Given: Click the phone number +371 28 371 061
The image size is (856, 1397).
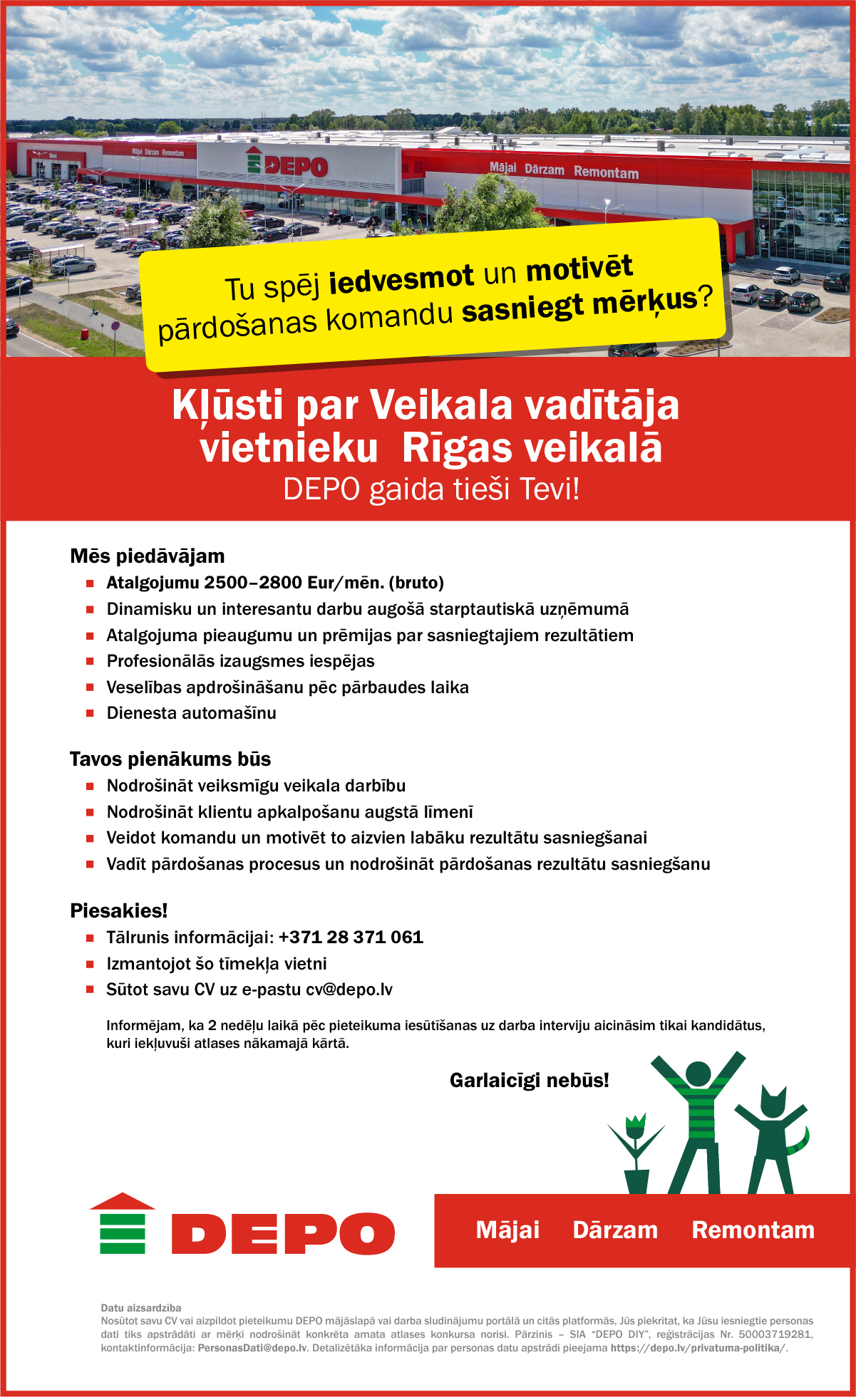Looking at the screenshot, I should [x=351, y=938].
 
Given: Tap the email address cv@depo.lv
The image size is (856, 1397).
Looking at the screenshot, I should [x=349, y=990].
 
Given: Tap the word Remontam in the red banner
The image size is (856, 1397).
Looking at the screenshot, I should [x=753, y=1230].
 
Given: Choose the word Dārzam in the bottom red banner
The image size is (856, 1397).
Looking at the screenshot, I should [x=615, y=1230].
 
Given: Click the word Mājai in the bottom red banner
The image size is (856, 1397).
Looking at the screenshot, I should [x=507, y=1230].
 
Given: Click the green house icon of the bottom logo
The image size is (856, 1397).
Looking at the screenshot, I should [x=123, y=1224].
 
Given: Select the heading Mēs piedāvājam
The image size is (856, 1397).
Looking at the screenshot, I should [x=148, y=556].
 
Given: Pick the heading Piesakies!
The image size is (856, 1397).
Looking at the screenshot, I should [x=119, y=910].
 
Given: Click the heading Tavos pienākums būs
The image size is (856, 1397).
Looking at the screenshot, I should [x=170, y=759].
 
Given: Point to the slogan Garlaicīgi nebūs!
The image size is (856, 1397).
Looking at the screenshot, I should [x=530, y=1081].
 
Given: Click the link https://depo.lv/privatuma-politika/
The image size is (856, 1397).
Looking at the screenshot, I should [x=698, y=1348].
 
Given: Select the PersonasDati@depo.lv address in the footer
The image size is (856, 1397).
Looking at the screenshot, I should [x=252, y=1348].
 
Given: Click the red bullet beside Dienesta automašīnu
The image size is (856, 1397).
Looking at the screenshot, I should [x=91, y=713].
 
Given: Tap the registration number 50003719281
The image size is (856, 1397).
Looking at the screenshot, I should [x=775, y=1334].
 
